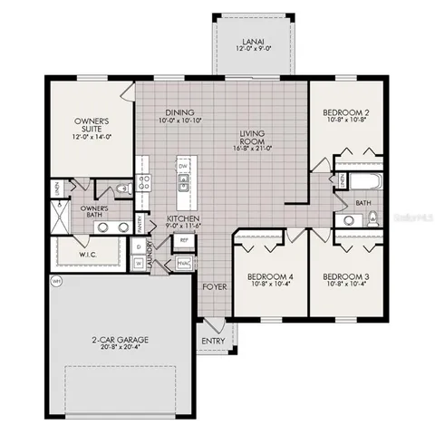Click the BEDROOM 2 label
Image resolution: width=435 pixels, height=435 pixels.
[x=344, y=113]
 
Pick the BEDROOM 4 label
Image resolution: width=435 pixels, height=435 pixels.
[x=269, y=275]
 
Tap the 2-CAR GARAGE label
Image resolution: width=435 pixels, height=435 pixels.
[x=120, y=340]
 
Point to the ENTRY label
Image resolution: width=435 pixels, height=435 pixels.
[x=214, y=341]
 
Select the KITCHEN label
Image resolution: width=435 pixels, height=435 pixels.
[x=182, y=220]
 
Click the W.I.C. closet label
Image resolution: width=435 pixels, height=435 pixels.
[x=87, y=254]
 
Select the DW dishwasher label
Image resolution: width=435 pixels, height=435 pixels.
[x=183, y=168]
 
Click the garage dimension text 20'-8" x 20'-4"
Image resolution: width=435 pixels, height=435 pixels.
[x=120, y=350]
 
